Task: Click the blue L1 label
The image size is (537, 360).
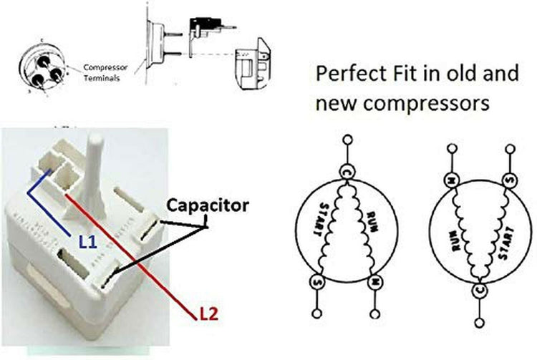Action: [87, 242]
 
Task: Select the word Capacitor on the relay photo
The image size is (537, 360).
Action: [208, 206]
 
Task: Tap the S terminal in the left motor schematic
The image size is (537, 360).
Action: [315, 281]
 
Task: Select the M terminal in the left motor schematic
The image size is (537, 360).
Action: [374, 282]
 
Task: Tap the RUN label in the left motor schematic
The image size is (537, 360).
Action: [370, 221]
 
